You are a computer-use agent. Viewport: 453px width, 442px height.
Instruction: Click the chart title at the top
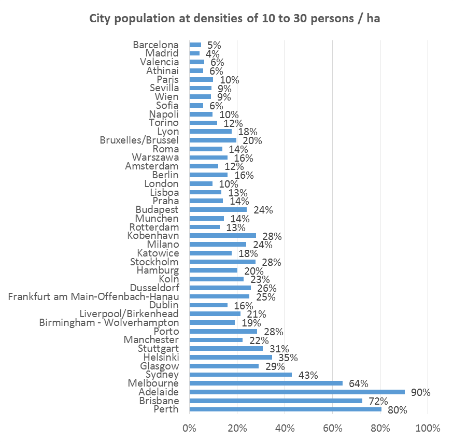[x=235, y=19]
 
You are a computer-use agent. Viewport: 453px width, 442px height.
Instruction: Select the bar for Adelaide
[x=297, y=392]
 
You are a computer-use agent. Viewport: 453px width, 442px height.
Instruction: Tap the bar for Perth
[x=285, y=409]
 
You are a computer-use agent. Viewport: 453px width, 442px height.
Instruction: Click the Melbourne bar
[x=266, y=383]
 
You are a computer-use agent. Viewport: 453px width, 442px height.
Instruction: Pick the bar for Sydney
[x=240, y=374]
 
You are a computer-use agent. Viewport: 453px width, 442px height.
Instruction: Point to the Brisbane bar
[x=276, y=401]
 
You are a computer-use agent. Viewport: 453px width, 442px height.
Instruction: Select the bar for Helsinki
[x=231, y=357]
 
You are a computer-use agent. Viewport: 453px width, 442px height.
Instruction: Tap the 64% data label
[x=358, y=383]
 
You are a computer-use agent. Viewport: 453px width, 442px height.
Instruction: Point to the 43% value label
[x=307, y=375]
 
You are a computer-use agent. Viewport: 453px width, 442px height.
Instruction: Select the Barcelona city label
[x=155, y=45]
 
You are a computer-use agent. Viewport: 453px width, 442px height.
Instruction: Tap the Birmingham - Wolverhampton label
[x=109, y=322]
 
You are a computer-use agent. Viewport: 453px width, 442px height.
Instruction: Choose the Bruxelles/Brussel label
[x=139, y=140]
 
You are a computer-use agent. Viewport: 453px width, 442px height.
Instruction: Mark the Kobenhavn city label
[x=153, y=235]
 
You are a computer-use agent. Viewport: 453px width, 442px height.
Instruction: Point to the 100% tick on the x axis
[x=428, y=429]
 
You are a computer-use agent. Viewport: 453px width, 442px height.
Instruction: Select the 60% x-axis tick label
[x=332, y=429]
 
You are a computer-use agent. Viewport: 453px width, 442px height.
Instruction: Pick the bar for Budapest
[x=218, y=209]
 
